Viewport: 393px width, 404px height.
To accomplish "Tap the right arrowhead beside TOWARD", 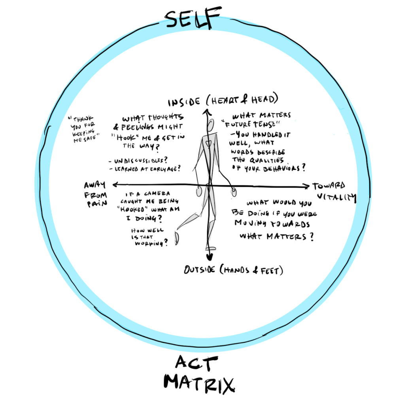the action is [306, 186].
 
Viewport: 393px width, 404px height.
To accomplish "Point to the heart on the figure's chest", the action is [208, 141].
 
